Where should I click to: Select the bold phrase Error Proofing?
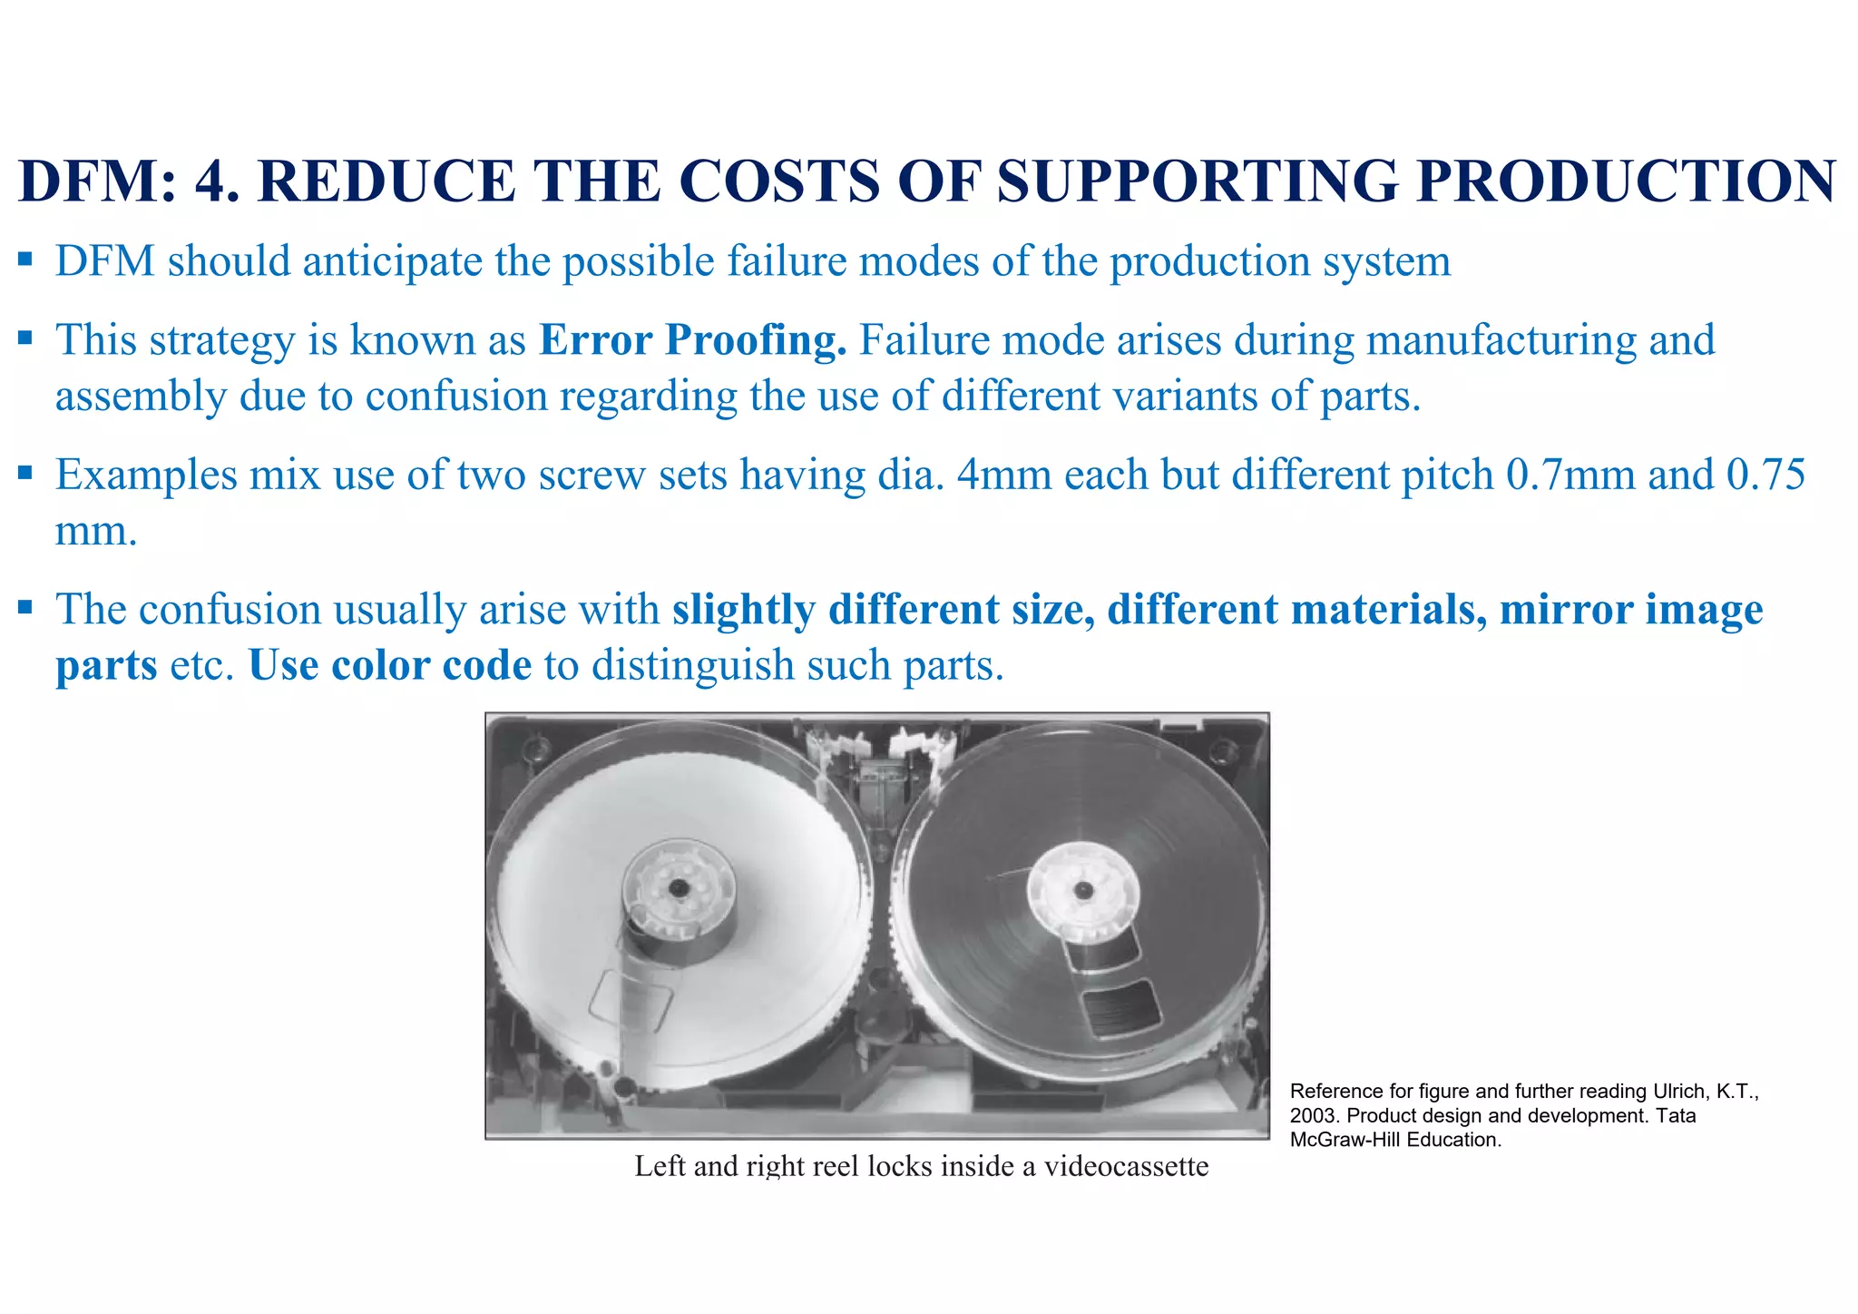[692, 340]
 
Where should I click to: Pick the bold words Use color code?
[389, 665]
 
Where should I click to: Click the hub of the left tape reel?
[678, 887]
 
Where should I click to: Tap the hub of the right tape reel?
[1082, 889]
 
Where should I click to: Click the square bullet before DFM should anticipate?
[24, 261]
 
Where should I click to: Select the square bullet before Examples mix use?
[24, 474]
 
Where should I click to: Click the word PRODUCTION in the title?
[1627, 181]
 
